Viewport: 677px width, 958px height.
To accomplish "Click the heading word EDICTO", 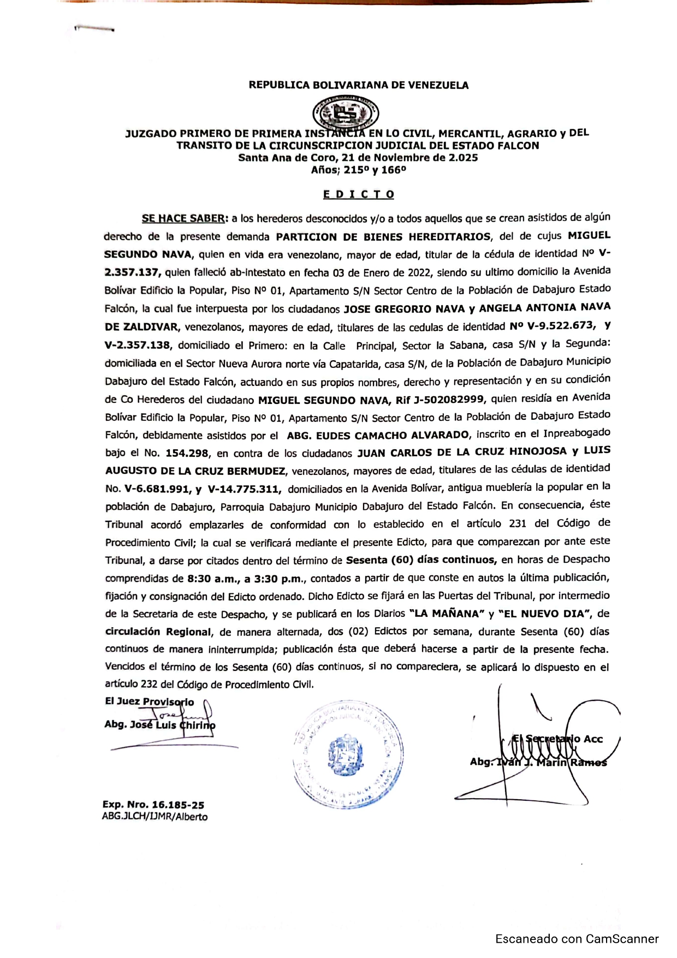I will click(x=358, y=194).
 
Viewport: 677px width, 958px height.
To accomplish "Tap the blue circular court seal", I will click(x=348, y=755).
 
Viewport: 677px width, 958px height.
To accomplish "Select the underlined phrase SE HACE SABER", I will click(x=185, y=218).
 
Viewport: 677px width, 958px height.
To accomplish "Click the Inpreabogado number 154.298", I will click(x=187, y=453).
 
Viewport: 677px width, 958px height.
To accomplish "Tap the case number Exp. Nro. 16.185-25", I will click(x=153, y=805).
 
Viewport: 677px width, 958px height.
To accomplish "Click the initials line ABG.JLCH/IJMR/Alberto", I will click(x=155, y=817).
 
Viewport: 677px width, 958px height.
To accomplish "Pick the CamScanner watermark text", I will click(x=577, y=939).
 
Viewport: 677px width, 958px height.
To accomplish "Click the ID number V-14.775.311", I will click(x=245, y=489).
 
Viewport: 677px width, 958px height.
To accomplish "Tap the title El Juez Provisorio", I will click(x=149, y=701).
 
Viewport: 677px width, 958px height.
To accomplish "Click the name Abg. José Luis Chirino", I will click(x=159, y=725).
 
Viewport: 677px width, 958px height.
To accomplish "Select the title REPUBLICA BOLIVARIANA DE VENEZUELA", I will click(x=358, y=85).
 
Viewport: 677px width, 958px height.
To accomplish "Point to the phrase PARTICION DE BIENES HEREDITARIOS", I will click(x=383, y=236).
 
